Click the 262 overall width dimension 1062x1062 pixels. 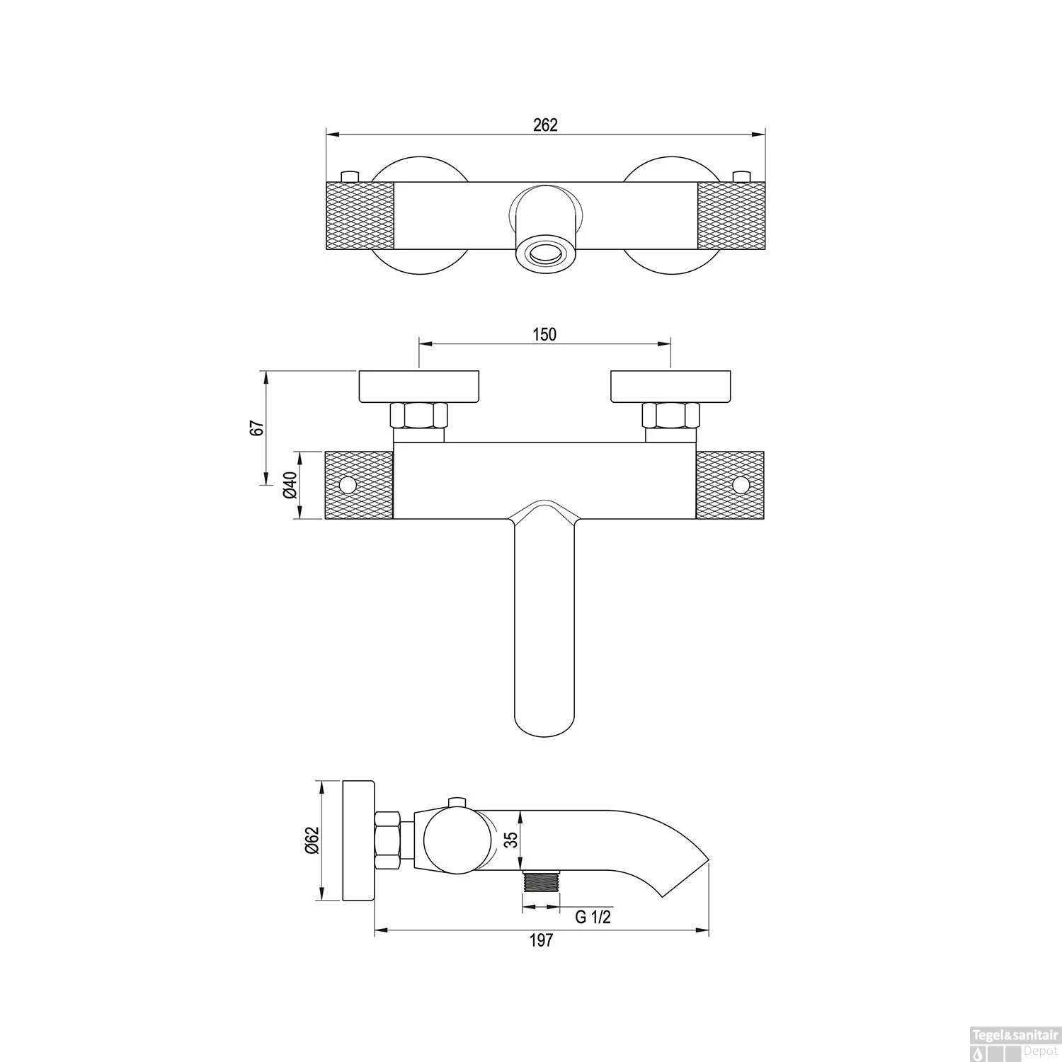(x=545, y=125)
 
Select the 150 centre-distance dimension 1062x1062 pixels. (x=544, y=335)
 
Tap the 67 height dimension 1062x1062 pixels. (x=258, y=428)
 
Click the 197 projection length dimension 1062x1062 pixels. (x=542, y=941)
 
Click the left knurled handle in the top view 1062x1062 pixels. (x=360, y=216)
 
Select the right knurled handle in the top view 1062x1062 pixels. (x=731, y=216)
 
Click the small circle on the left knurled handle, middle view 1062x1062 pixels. (x=348, y=485)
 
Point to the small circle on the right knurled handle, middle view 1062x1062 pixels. (x=741, y=485)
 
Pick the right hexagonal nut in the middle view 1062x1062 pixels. (x=670, y=415)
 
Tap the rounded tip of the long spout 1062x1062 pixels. (x=543, y=722)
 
